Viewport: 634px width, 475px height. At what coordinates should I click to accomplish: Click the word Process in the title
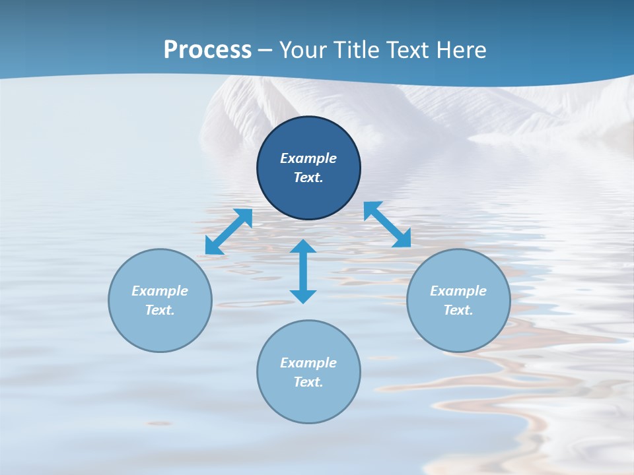pos(207,50)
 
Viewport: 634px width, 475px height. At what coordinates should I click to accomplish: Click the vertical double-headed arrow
pos(303,271)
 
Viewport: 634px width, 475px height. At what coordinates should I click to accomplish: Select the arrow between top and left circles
pos(229,232)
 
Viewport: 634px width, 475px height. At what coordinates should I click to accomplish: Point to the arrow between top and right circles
pos(387,224)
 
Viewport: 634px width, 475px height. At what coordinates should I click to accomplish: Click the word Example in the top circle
pos(308,158)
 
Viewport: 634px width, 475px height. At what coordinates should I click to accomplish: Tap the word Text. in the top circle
pos(308,177)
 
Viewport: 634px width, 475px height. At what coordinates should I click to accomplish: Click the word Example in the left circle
pos(160,291)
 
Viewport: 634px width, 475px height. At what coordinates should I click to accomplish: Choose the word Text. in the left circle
pos(160,310)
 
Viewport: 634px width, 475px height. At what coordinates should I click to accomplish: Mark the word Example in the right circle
pos(458,291)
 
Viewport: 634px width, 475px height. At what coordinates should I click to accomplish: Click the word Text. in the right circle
pos(458,310)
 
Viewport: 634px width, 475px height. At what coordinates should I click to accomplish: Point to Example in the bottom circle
pos(308,363)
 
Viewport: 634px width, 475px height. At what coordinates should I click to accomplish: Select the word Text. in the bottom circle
pos(308,382)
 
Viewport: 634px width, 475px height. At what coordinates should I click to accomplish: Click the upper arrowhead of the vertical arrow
pos(303,246)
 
